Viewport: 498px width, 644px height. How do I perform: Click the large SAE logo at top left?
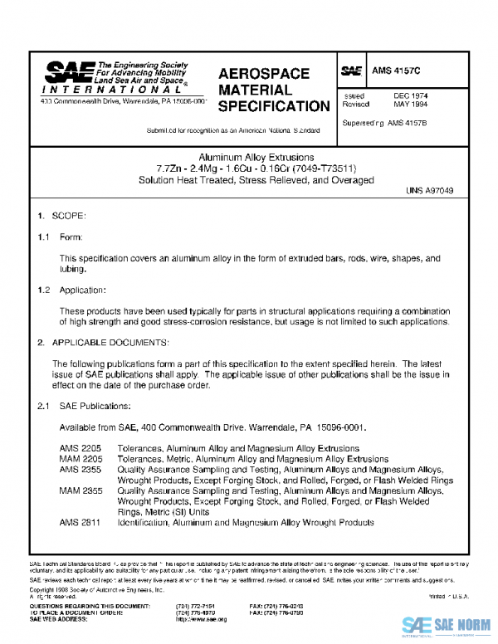click(x=69, y=72)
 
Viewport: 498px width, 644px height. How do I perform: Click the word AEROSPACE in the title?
click(x=264, y=73)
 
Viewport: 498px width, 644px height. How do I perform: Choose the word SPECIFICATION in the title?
click(x=274, y=106)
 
